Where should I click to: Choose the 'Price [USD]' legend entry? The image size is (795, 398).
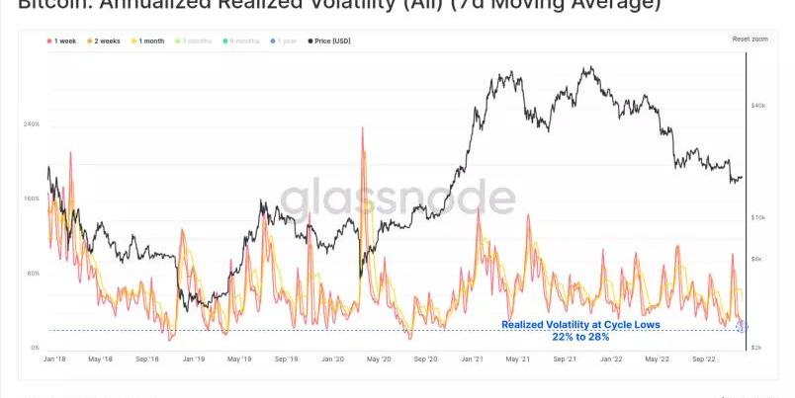coord(329,40)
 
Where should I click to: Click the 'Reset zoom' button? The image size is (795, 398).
coord(749,39)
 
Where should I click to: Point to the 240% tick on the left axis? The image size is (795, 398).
coord(32,124)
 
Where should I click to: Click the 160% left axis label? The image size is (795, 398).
coord(32,199)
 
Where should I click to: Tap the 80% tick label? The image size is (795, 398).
coord(34,273)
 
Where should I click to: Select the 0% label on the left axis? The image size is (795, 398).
coord(35,348)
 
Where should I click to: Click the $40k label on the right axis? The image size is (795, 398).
coord(760,105)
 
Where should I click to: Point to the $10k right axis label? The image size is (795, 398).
coord(760,216)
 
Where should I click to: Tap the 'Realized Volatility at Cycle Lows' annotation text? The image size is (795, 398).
coord(579,325)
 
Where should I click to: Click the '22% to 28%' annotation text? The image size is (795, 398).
coord(580,337)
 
